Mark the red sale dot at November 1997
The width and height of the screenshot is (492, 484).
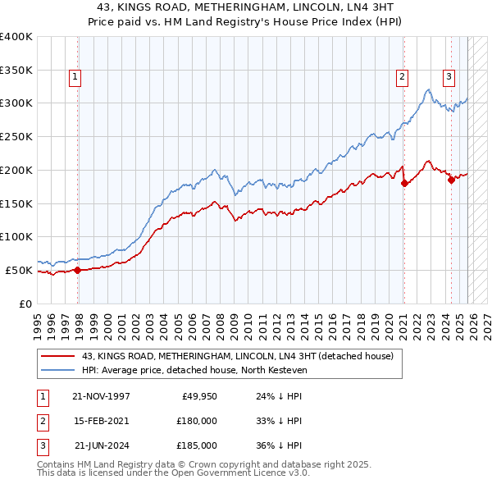(77, 269)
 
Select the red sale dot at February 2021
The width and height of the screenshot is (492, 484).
(404, 183)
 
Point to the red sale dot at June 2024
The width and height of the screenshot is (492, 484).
(451, 180)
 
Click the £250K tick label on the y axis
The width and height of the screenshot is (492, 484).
(16, 136)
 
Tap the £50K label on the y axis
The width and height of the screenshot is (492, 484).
(20, 270)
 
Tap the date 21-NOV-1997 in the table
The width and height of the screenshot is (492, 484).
(101, 395)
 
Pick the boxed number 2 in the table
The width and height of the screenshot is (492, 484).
(42, 420)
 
